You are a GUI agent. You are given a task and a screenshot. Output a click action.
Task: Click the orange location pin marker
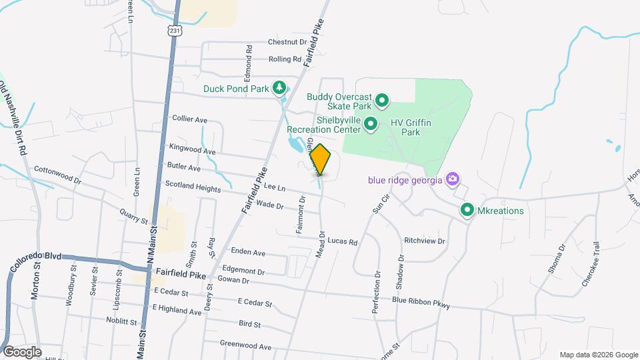(320, 159)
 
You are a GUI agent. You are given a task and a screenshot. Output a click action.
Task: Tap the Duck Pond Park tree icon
(280, 88)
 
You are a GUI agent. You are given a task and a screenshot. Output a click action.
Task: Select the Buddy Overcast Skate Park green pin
(382, 101)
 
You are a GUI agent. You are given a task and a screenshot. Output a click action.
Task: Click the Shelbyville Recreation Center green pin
(371, 124)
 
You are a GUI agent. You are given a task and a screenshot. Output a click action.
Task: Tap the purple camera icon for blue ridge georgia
(453, 179)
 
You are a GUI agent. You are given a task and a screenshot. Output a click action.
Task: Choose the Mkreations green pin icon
(468, 211)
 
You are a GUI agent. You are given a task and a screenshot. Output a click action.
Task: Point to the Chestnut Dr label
(287, 41)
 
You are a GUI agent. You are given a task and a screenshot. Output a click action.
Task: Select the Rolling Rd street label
(285, 59)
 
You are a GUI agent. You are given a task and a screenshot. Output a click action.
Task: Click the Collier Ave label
(190, 119)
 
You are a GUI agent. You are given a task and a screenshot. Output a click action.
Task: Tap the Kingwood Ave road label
(193, 151)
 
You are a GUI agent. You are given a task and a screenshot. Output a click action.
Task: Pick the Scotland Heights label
(193, 189)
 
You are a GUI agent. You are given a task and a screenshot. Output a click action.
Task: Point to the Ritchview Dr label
(424, 240)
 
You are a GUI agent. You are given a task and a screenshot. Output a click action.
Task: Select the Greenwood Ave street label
(247, 346)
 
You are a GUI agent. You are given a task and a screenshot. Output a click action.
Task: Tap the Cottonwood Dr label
(57, 175)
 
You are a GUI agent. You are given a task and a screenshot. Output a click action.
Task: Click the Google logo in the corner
(22, 351)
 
